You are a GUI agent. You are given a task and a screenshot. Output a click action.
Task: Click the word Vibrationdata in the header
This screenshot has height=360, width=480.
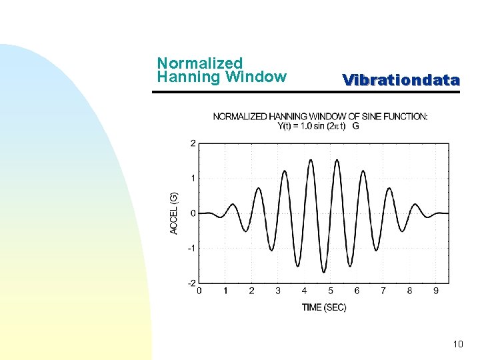coord(401,81)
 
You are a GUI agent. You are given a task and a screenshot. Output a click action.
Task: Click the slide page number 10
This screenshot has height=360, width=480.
coord(457,344)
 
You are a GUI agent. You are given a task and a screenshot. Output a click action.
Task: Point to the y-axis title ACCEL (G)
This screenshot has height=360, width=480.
coord(174,213)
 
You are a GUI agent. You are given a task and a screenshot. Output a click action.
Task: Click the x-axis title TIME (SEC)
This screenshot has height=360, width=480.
coord(324,307)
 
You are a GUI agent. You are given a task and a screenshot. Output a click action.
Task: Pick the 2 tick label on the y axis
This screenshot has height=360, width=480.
coord(193,143)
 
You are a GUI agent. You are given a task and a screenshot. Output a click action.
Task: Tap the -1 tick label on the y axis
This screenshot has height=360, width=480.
coord(191,248)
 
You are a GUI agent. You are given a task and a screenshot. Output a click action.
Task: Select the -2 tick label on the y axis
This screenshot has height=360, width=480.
coord(191,283)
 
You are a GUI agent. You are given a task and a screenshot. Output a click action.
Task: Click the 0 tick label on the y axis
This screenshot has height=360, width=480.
coord(193,213)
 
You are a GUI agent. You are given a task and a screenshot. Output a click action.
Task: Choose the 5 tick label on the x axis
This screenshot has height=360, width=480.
coord(331,291)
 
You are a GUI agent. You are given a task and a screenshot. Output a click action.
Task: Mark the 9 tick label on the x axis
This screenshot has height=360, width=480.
coord(436,291)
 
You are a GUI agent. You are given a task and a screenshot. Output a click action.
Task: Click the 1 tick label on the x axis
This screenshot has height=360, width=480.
coord(225,291)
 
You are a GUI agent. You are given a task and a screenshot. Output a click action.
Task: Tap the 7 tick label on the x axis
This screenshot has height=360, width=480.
coord(383,291)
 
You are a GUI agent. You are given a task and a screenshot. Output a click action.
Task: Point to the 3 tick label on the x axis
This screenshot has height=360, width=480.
coord(278,291)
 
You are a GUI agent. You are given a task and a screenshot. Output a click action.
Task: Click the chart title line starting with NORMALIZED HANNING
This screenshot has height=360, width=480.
coord(320,117)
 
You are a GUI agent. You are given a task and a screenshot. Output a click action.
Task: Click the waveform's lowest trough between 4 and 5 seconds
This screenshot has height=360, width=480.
coord(324,272)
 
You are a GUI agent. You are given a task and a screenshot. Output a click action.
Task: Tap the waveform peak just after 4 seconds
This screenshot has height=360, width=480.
coord(311,160)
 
